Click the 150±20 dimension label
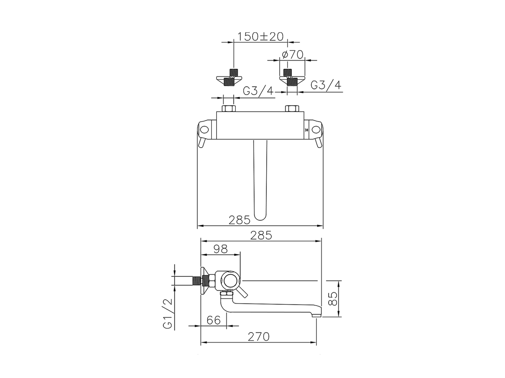(x=260, y=37)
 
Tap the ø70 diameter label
(x=293, y=55)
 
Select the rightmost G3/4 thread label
(x=326, y=85)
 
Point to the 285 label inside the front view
(x=239, y=220)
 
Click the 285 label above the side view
(x=261, y=235)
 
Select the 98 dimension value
(x=221, y=249)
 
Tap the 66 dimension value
(x=213, y=320)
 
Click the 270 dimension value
(x=258, y=337)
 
